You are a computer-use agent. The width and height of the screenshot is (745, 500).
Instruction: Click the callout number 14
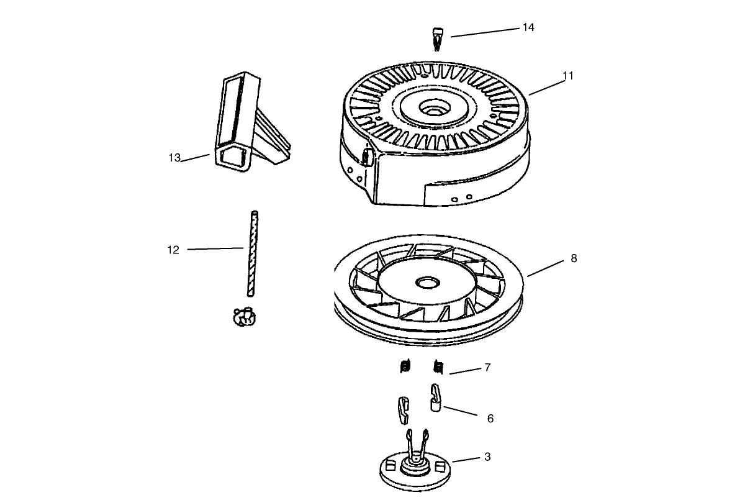[528, 28]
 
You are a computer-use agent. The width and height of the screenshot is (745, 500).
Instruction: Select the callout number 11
[568, 76]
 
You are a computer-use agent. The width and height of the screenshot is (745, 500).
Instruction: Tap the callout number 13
[174, 158]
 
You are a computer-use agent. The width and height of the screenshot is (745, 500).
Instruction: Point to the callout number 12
[173, 250]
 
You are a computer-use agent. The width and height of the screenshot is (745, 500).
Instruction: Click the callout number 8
[573, 258]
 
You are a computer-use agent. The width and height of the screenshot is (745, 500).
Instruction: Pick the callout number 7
[487, 368]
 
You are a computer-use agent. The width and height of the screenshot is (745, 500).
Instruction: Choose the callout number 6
[490, 419]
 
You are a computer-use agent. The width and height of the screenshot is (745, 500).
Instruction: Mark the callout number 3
[487, 457]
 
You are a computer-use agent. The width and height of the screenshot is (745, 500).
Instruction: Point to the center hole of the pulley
[427, 283]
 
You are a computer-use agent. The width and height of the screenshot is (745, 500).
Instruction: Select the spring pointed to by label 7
[438, 367]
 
